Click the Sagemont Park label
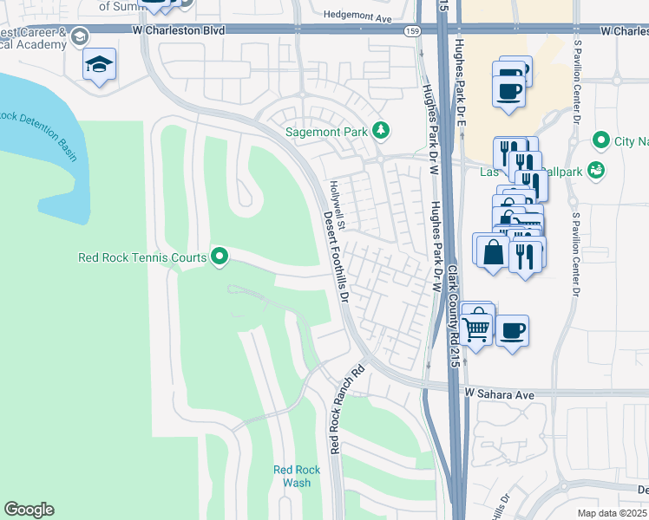pyautogui.click(x=328, y=132)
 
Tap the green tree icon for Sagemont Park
pyautogui.click(x=380, y=131)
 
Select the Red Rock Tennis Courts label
pyautogui.click(x=142, y=257)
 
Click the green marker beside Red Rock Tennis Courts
pyautogui.click(x=220, y=256)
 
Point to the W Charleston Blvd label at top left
pyautogui.click(x=179, y=30)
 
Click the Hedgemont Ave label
pyautogui.click(x=358, y=16)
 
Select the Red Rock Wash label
pyautogui.click(x=297, y=477)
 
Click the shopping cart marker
pyautogui.click(x=476, y=328)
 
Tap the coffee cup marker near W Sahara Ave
pyautogui.click(x=511, y=329)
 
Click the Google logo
pyautogui.click(x=29, y=510)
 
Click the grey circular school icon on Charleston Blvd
pyautogui.click(x=80, y=37)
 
